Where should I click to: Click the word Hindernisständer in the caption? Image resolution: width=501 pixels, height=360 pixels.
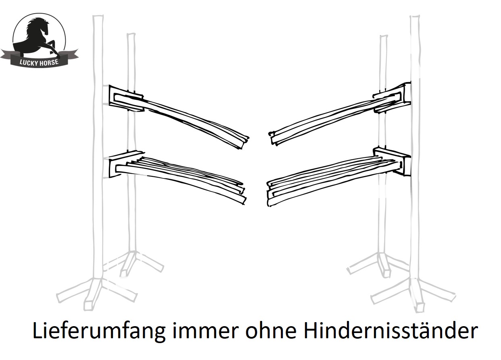click(391, 330)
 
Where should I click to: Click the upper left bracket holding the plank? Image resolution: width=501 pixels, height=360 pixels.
click(126, 98)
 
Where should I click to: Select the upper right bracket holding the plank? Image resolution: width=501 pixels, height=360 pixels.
click(393, 97)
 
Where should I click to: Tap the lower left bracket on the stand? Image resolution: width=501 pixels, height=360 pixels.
click(125, 164)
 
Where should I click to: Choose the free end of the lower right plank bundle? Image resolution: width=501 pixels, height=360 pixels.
click(269, 194)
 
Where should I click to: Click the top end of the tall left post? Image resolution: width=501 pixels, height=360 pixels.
click(98, 16)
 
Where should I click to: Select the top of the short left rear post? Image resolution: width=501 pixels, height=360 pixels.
click(131, 34)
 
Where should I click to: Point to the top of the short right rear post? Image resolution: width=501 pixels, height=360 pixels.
click(383, 36)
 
